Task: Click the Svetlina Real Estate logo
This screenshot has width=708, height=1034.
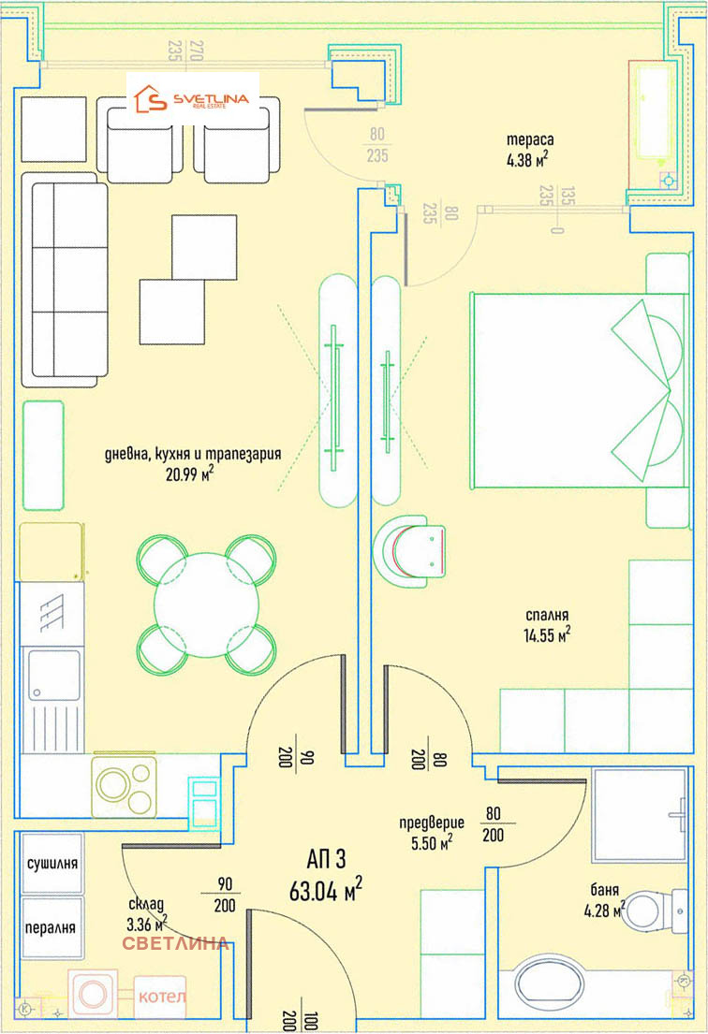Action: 192,99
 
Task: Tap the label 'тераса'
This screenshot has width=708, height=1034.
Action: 530,139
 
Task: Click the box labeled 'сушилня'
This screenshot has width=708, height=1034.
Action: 52,863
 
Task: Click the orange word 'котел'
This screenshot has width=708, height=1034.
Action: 162,996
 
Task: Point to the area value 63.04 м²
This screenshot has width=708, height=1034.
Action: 325,890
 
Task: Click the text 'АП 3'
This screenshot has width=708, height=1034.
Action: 326,859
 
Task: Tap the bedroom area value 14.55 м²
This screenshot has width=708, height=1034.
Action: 547,635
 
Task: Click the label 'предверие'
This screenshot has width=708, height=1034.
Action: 432,823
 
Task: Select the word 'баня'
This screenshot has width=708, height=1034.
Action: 604,890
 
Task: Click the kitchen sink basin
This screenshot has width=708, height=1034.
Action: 54,675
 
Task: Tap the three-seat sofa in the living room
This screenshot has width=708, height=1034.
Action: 65,280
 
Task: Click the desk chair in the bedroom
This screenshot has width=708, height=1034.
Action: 409,551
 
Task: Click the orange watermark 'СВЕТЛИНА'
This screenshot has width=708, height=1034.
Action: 175,943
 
